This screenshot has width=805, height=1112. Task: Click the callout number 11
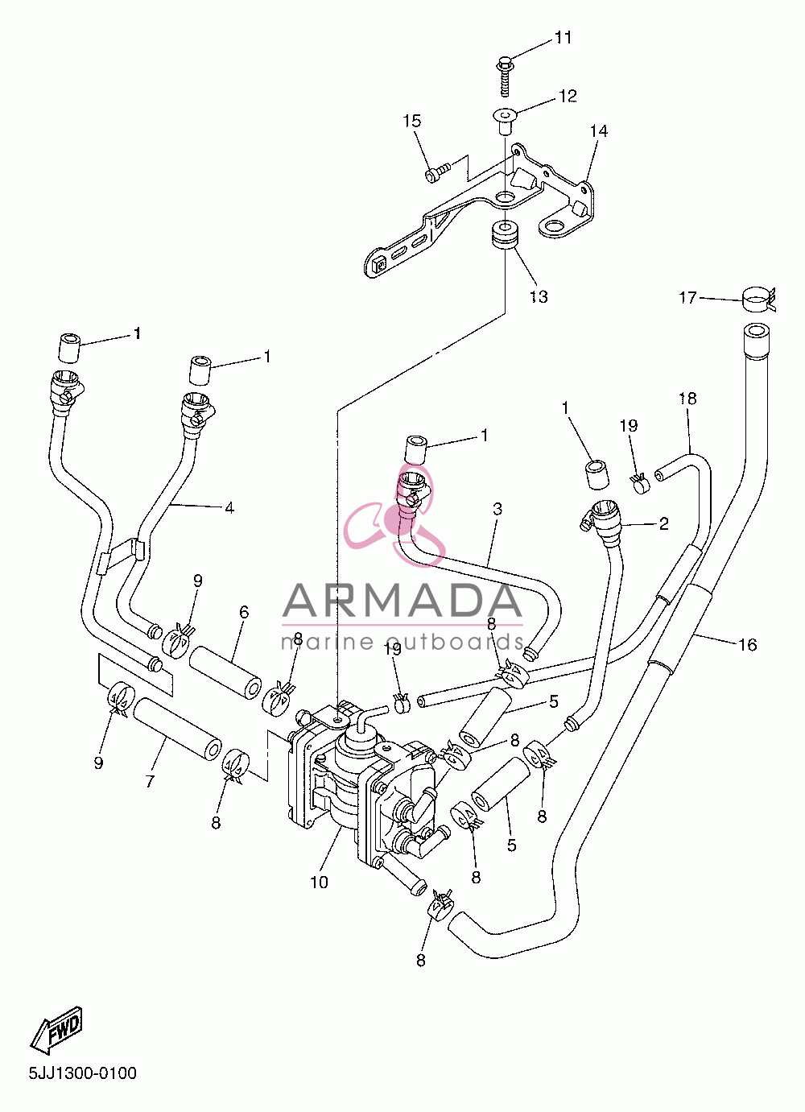(x=563, y=38)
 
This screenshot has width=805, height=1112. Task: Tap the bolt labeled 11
(x=505, y=77)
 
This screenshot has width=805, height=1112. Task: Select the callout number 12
(x=568, y=96)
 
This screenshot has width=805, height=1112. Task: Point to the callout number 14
(x=599, y=130)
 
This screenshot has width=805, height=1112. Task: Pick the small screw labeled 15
(x=438, y=171)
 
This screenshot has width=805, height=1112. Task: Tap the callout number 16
(x=747, y=645)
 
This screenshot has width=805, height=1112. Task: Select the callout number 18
(x=687, y=399)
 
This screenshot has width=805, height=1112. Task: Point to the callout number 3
(x=497, y=509)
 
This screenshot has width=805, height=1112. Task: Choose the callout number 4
(x=229, y=508)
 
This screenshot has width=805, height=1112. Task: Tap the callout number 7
(x=150, y=781)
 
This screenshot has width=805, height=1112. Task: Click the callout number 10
(x=319, y=883)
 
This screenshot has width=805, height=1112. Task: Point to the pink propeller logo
(x=394, y=516)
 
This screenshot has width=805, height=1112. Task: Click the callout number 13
(x=539, y=297)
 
